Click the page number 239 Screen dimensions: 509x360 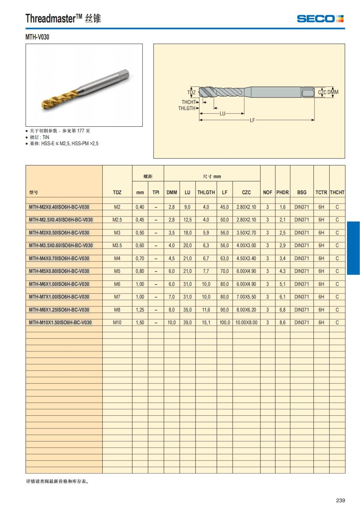pos(340,500)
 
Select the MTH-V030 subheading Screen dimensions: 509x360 pos(37,37)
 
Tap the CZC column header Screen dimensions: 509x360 pos(246,192)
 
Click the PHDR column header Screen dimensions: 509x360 pos(282,192)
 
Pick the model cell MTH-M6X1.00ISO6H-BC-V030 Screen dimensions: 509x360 pos(59,284)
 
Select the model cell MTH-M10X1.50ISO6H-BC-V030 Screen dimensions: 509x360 pos(60,322)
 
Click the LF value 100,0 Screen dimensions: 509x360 pos(225,322)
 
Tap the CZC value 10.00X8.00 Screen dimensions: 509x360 pos(246,322)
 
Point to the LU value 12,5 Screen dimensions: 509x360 pos(187,220)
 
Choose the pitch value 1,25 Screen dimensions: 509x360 pos(140,310)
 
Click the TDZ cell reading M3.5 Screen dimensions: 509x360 pos(117,245)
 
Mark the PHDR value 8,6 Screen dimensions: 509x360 pos(282,322)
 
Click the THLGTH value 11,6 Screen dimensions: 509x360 pos(206,310)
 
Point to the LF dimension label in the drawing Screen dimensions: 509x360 pos(252,120)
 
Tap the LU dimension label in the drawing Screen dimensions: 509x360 pos(222,114)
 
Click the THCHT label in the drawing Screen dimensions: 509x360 pos(188,102)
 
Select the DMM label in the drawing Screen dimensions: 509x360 pos(333,92)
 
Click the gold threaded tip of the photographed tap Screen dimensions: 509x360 pos(51,102)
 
